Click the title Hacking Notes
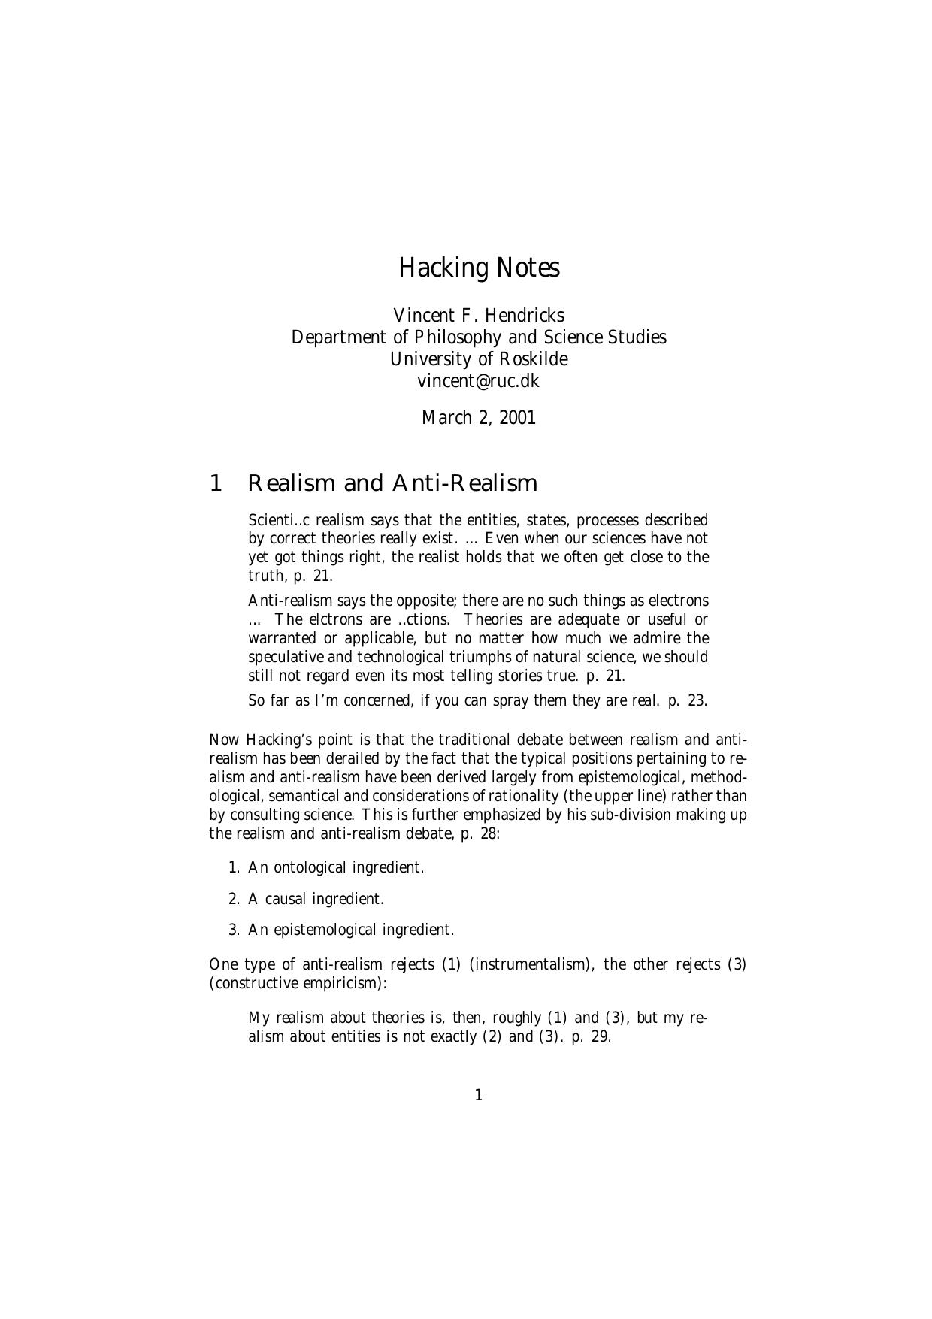(479, 268)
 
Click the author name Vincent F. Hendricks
(479, 315)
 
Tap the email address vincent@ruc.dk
(479, 380)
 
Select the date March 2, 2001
(479, 417)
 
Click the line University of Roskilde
(479, 358)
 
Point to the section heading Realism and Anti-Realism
(392, 483)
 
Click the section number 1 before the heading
(216, 483)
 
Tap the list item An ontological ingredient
(336, 867)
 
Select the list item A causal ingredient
(316, 899)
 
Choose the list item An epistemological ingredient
(351, 930)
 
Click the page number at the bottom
(479, 1095)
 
